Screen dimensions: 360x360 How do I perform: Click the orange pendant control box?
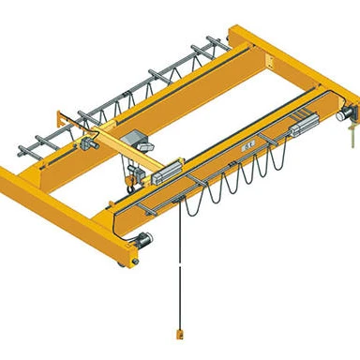pyautogui.click(x=176, y=334)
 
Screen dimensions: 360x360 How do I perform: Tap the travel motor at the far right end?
pyautogui.click(x=340, y=116)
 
